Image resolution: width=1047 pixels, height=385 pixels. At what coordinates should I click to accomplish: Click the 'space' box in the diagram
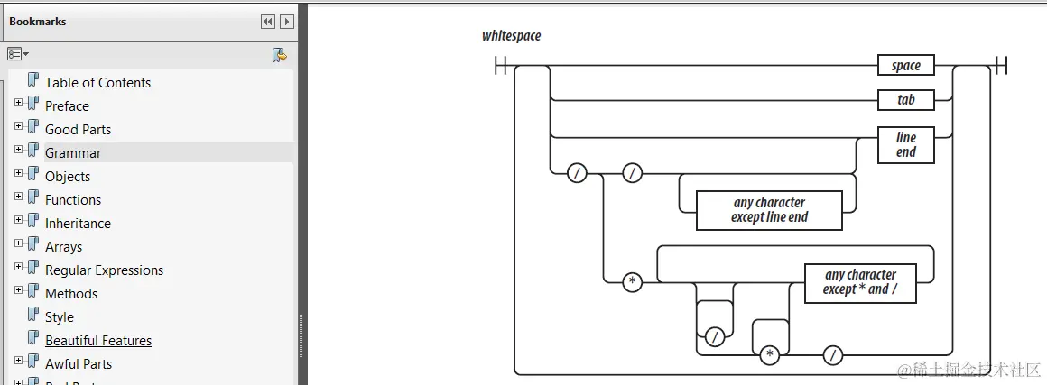[905, 66]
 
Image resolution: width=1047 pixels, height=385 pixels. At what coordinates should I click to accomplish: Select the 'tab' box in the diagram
[905, 100]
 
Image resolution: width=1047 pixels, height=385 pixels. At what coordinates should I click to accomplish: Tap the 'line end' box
[905, 145]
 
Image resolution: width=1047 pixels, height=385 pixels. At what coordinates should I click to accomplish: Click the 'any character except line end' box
[769, 210]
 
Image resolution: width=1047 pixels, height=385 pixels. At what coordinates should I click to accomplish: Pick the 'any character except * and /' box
[860, 282]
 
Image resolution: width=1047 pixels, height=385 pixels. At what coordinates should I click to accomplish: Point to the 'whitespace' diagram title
[511, 36]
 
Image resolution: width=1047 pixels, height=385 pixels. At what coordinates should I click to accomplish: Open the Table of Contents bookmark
[97, 83]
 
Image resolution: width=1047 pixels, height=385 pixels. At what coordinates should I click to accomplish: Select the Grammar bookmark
[73, 153]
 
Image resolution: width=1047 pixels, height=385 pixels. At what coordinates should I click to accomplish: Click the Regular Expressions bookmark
[104, 270]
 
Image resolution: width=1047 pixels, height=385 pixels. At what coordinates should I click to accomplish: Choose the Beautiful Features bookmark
[98, 341]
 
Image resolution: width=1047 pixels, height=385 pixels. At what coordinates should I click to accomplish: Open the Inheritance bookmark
[78, 224]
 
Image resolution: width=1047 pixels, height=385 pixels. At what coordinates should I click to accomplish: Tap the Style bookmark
[60, 317]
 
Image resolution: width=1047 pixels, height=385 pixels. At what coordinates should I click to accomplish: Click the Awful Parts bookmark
[79, 364]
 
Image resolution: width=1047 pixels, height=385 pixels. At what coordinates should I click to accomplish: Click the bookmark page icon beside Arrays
[33, 245]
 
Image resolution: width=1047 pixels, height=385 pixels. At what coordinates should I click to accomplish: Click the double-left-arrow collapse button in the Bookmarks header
[268, 22]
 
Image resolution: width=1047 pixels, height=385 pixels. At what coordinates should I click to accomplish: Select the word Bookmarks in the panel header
[38, 22]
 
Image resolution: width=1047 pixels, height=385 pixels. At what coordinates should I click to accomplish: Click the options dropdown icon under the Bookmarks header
[18, 55]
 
